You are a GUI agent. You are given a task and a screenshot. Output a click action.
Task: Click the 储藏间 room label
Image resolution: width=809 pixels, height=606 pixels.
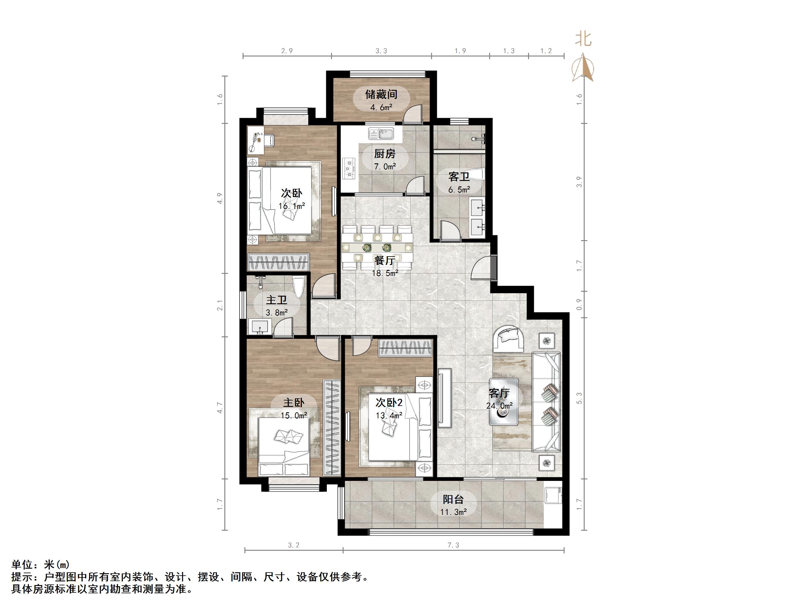381,95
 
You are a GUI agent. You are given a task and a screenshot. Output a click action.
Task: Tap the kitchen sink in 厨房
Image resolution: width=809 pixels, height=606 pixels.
381,134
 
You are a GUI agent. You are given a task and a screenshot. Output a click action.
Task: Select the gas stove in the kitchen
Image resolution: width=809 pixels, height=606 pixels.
348,169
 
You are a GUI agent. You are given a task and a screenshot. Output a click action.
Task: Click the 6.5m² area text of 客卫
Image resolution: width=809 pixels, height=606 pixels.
459,189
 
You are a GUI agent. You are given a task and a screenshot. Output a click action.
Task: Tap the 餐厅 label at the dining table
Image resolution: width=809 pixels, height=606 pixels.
385,260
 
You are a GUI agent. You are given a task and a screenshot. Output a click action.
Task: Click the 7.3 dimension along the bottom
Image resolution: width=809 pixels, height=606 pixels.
453,545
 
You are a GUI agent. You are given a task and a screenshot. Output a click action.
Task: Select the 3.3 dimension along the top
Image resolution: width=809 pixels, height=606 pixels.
381,51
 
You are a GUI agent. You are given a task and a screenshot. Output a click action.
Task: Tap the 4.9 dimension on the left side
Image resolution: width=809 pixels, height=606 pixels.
220,198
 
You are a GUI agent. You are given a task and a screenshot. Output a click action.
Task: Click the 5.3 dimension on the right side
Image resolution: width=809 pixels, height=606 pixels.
579,398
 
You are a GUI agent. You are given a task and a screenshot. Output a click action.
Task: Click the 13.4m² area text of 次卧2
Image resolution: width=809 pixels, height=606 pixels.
389,415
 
